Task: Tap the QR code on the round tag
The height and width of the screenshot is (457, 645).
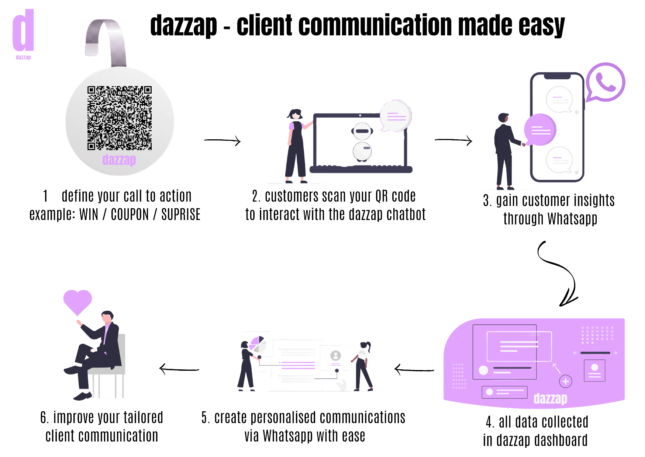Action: pyautogui.click(x=119, y=118)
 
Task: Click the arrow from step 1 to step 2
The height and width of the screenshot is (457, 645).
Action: pyautogui.click(x=223, y=140)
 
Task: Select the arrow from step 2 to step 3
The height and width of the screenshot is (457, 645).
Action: pyautogui.click(x=453, y=140)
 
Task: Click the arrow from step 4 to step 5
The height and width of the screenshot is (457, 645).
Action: pyautogui.click(x=414, y=369)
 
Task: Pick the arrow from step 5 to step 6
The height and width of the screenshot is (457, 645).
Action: pyautogui.click(x=179, y=369)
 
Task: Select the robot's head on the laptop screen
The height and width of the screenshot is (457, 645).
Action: pyautogui.click(x=362, y=131)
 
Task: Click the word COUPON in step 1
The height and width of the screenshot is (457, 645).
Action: pyautogui.click(x=130, y=214)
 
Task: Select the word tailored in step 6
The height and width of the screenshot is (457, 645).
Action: pyautogui.click(x=143, y=418)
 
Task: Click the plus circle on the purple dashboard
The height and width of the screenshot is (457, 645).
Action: pyautogui.click(x=566, y=381)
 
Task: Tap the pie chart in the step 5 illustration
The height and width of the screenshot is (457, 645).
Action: pyautogui.click(x=258, y=344)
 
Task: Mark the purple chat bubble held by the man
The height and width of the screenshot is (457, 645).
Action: pyautogui.click(x=540, y=130)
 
